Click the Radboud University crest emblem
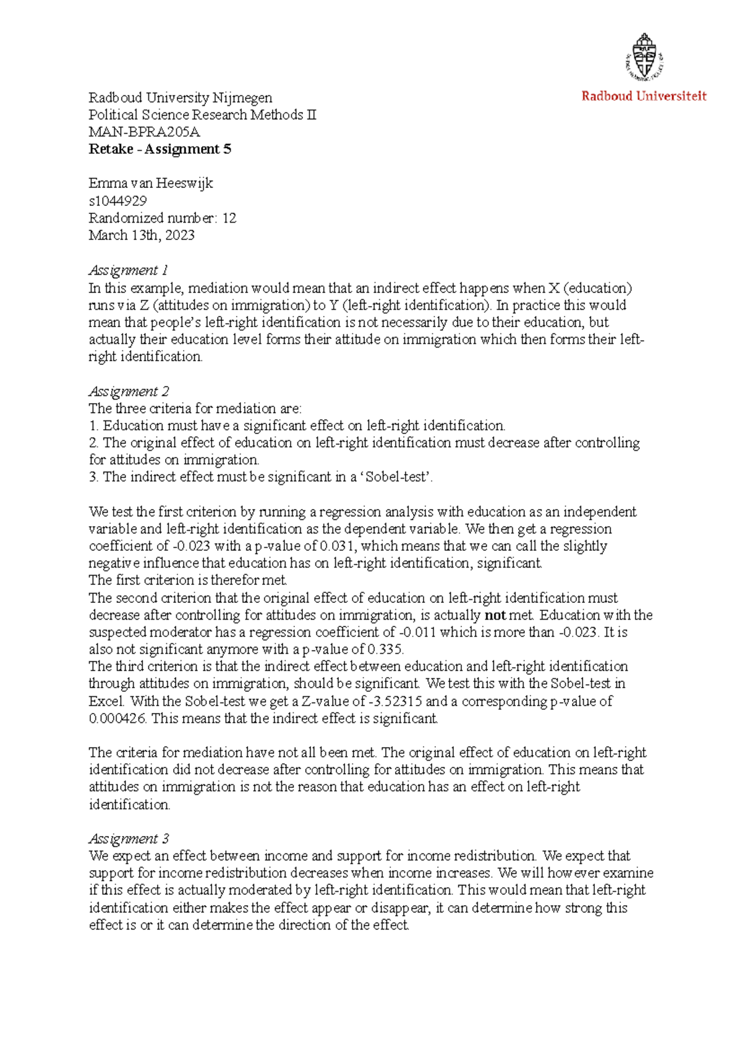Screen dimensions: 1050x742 (x=644, y=57)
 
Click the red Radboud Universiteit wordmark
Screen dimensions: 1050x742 (x=644, y=96)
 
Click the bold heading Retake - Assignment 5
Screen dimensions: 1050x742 (x=160, y=149)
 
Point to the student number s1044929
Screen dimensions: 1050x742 (x=117, y=200)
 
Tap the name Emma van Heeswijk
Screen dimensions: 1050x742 (x=150, y=183)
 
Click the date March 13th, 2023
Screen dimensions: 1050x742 (x=142, y=235)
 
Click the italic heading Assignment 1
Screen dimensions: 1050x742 (x=128, y=270)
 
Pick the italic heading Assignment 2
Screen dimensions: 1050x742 (x=129, y=391)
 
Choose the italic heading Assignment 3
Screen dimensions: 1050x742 (x=129, y=839)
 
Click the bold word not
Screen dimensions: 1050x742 (x=495, y=615)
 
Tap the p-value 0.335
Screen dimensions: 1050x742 (x=385, y=649)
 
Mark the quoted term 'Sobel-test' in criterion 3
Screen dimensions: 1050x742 (x=393, y=477)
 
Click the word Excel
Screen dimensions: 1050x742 (x=107, y=701)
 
